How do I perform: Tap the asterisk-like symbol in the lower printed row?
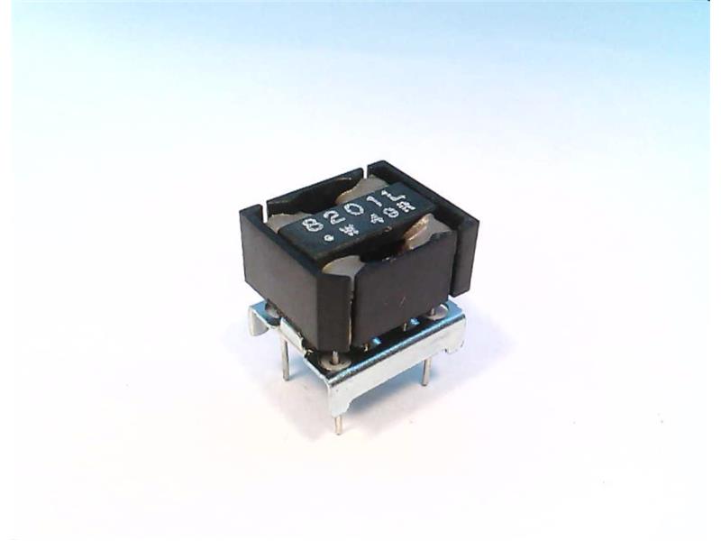pos(352,234)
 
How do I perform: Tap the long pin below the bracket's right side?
pos(426,370)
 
